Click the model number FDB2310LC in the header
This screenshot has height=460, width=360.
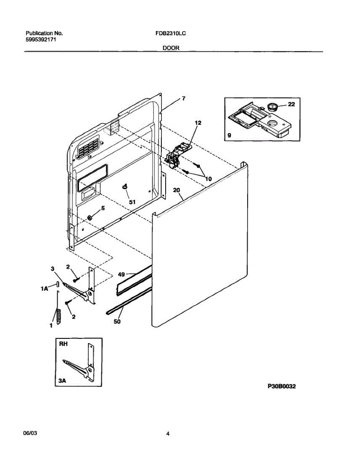[171, 33]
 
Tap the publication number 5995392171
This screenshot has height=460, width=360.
[41, 39]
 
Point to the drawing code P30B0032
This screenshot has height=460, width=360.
[281, 387]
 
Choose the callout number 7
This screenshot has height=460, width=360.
[184, 99]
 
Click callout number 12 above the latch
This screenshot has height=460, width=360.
[198, 123]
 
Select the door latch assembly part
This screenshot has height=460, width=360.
[177, 156]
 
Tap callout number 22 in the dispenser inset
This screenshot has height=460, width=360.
[291, 104]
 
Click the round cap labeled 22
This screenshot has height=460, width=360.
[273, 106]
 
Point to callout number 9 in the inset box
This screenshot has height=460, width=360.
[229, 135]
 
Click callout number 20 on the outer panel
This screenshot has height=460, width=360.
[176, 190]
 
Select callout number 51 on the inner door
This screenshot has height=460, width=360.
[132, 202]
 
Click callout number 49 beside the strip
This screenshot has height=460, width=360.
[122, 274]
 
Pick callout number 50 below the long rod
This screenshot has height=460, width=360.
[117, 321]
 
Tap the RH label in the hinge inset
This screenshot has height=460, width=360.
[63, 344]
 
